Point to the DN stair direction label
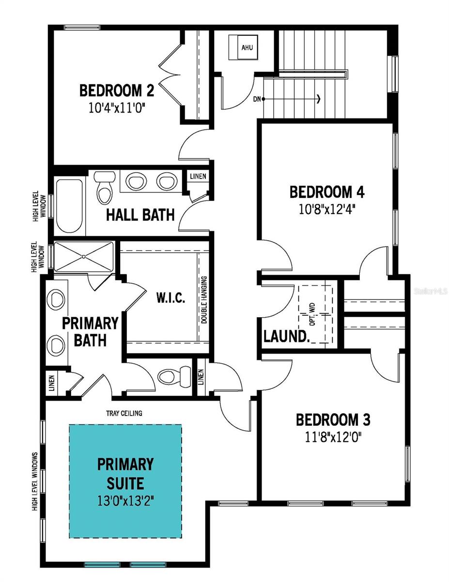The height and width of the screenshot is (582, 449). tap(257, 99)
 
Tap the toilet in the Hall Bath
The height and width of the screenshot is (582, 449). tap(104, 187)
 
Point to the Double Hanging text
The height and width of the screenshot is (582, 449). tap(204, 300)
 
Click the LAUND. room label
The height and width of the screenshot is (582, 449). tap(286, 336)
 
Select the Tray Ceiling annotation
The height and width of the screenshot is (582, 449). tap(124, 413)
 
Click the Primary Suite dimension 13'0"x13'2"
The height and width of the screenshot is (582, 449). tap(125, 501)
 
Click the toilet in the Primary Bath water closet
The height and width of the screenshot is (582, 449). tap(172, 374)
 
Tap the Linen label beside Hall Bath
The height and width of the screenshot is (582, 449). tap(199, 176)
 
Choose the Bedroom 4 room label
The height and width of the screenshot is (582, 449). tap(326, 192)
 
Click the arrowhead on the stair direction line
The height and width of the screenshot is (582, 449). tap(318, 99)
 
